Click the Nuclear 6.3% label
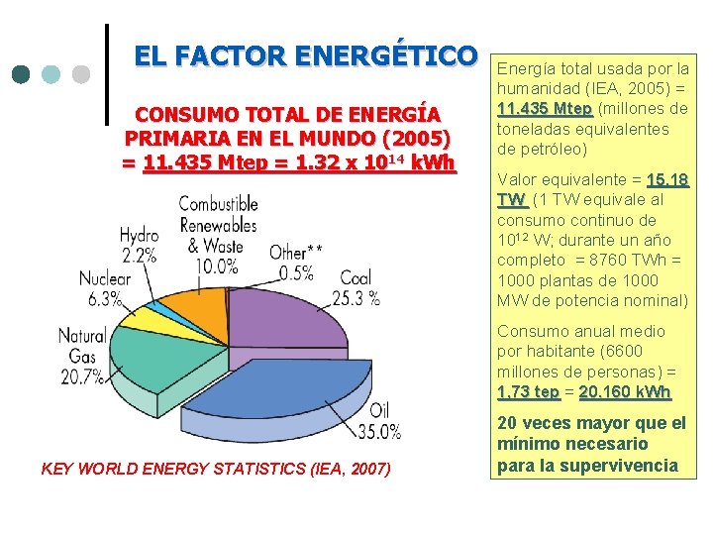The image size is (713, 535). [103, 288]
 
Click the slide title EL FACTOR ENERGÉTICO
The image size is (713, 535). [306, 55]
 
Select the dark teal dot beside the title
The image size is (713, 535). [22, 74]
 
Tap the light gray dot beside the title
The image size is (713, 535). [81, 74]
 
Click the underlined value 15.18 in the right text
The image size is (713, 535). [667, 180]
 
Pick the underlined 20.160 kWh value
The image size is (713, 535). [625, 392]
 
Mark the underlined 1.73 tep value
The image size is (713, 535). [528, 392]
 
